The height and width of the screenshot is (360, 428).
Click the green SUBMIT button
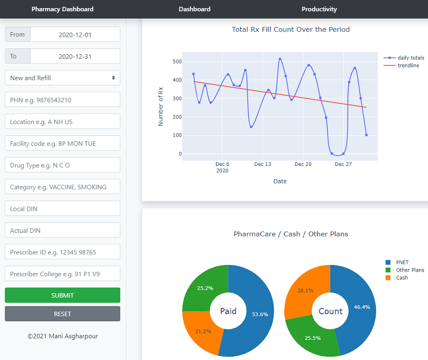(x=62, y=295)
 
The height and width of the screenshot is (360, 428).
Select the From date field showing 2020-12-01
(x=75, y=35)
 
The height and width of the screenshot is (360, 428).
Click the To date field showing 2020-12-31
(x=75, y=56)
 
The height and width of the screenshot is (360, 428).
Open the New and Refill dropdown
(x=62, y=78)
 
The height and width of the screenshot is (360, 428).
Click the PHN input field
(x=62, y=100)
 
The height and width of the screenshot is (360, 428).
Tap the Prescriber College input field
(x=62, y=274)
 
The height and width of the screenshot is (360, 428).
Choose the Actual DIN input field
(x=62, y=230)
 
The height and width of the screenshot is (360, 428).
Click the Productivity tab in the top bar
(x=319, y=9)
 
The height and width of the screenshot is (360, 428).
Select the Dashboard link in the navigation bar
(x=194, y=9)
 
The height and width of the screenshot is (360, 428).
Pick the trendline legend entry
(x=408, y=65)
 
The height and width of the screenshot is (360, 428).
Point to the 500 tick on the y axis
(x=177, y=61)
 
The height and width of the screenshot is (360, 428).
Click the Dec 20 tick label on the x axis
(x=303, y=164)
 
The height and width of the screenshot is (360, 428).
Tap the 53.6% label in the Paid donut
(x=260, y=314)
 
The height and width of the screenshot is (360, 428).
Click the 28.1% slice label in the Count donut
(x=305, y=290)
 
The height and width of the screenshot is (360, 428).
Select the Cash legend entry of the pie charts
(x=401, y=278)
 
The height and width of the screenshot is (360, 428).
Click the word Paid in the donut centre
(x=228, y=311)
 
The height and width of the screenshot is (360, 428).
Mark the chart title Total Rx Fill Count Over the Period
(x=290, y=30)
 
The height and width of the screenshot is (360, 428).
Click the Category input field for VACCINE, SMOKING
(x=62, y=187)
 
